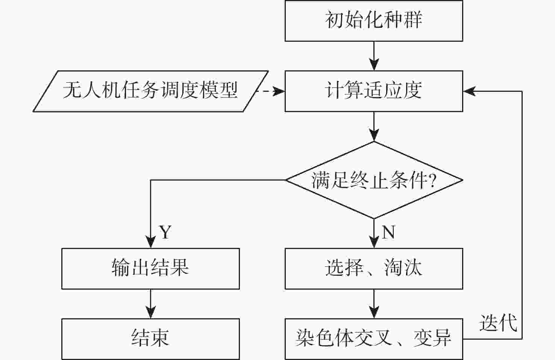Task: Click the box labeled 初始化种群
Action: coord(373,21)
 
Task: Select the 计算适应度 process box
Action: coord(373,91)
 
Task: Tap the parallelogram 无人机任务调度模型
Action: coord(150,91)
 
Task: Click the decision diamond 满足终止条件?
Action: coord(373,180)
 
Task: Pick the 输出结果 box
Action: coord(150,269)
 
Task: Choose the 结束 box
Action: coord(150,339)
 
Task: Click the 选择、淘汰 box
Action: coord(373,269)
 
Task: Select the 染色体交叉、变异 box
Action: coord(373,339)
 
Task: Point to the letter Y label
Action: coord(165,232)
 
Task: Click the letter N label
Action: coord(388,232)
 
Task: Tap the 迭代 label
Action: coord(498,323)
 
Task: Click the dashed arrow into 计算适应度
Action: coord(270,91)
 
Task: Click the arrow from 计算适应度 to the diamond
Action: coord(374,126)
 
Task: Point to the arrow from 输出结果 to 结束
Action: coord(150,304)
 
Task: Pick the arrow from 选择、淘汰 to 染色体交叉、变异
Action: coord(374,304)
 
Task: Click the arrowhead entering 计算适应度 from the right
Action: coord(469,91)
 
